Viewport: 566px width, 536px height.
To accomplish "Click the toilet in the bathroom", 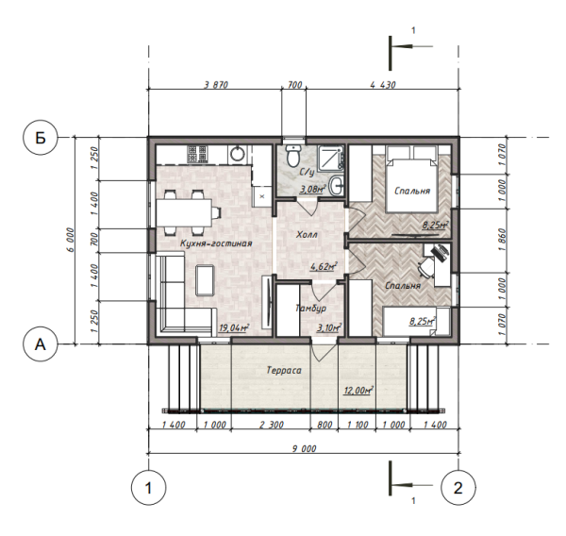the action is click(292, 156).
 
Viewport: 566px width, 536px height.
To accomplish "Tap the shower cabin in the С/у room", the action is click(332, 157).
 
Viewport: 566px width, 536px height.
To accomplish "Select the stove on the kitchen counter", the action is click(197, 154).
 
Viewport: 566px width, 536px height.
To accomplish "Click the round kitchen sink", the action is click(237, 154).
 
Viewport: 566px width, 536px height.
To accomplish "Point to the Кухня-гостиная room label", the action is click(216, 243).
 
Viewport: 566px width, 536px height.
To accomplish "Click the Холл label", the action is click(307, 235).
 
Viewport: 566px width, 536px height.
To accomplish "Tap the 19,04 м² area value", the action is click(234, 328).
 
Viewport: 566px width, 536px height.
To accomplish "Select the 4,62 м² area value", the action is click(324, 267).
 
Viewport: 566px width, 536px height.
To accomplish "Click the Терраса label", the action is click(284, 371).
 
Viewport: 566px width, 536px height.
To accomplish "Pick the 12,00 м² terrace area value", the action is click(358, 391).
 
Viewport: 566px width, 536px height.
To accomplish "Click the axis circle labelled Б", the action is click(41, 138).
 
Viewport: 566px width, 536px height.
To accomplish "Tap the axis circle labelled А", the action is click(41, 344).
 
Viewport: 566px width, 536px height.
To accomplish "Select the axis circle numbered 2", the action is click(458, 488).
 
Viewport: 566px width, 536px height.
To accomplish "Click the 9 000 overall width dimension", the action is click(304, 448).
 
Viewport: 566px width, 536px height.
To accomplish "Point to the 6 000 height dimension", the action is click(71, 240).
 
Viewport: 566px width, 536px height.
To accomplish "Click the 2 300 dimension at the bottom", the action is click(271, 425).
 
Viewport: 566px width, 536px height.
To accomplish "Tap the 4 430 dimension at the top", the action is click(383, 85).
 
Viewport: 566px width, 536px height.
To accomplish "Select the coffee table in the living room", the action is click(205, 280).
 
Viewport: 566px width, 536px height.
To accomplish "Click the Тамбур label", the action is click(310, 308).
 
